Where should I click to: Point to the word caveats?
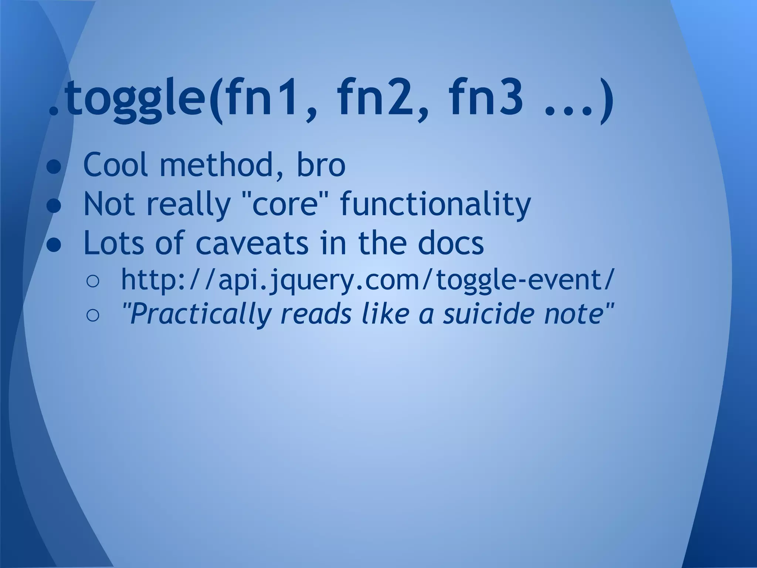[252, 243]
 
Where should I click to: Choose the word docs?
[451, 243]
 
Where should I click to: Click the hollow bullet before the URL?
[92, 282]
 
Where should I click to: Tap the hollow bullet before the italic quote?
[92, 315]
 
